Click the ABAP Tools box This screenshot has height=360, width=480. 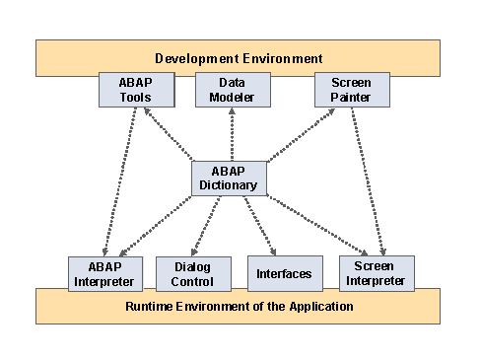pyautogui.click(x=137, y=91)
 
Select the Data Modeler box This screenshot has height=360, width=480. pyautogui.click(x=232, y=91)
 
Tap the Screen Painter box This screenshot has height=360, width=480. pyautogui.click(x=352, y=91)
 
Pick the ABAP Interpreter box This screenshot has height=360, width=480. pyautogui.click(x=105, y=273)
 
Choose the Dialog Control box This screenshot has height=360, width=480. pyautogui.click(x=193, y=273)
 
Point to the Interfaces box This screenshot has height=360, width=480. pyautogui.click(x=284, y=273)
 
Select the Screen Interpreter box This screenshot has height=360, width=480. pyautogui.click(x=377, y=273)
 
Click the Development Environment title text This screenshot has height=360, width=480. pyautogui.click(x=239, y=58)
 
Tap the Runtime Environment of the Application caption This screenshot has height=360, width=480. pyautogui.click(x=240, y=307)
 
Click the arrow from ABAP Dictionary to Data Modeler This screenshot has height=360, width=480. pyautogui.click(x=231, y=134)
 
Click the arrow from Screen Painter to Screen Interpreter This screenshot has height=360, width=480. pyautogui.click(x=366, y=182)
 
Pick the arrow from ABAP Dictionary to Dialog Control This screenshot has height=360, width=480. pyautogui.click(x=208, y=225)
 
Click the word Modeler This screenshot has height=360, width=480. pyautogui.click(x=232, y=98)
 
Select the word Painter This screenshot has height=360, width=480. pyautogui.click(x=352, y=98)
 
